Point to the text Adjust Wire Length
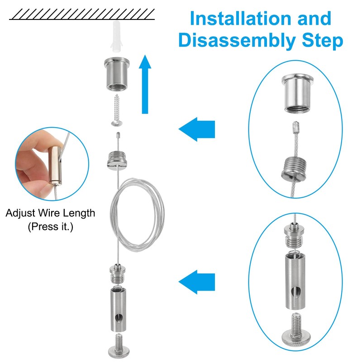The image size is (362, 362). [x=50, y=213]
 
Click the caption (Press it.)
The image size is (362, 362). [x=50, y=226]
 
